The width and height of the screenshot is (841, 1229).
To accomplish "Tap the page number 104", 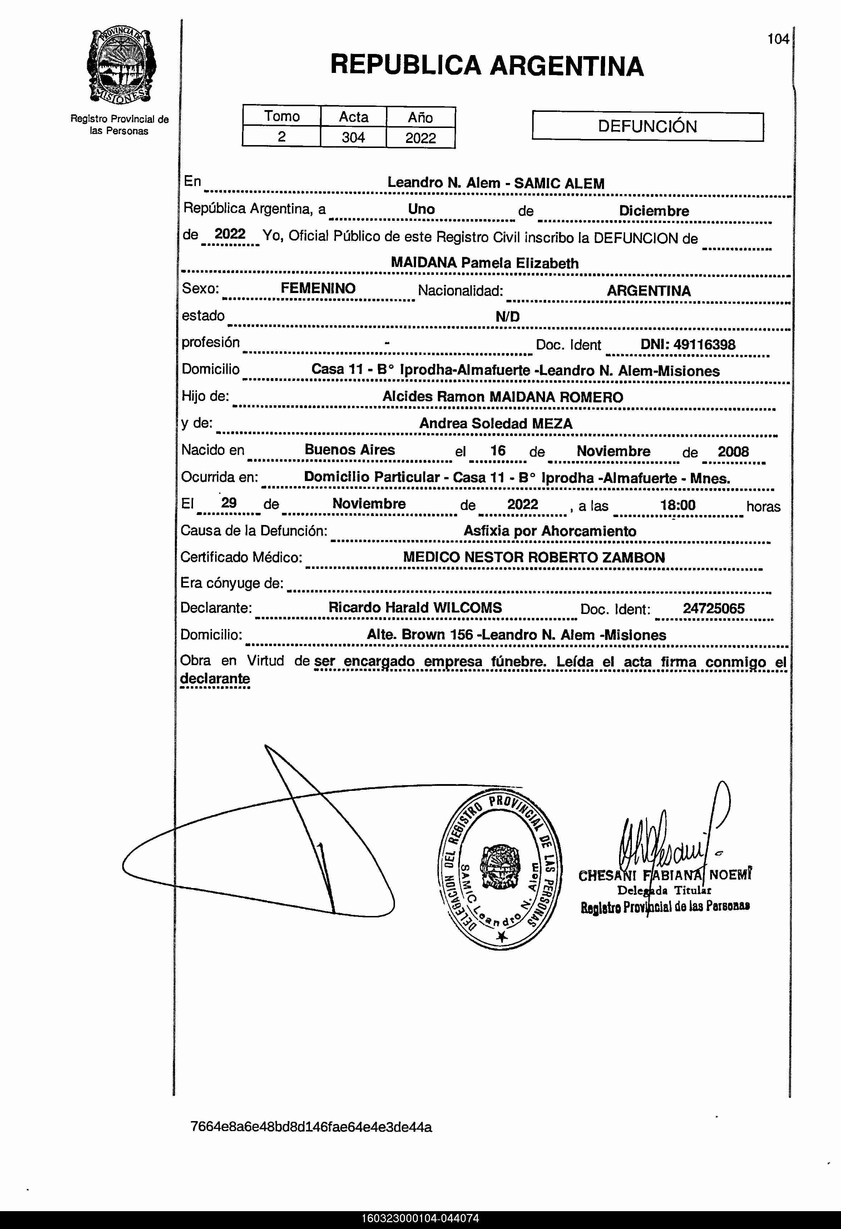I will (778, 39).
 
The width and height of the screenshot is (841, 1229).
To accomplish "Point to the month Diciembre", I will (654, 211).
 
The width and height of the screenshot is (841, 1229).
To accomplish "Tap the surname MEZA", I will (552, 423).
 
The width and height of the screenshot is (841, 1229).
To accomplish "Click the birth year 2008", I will (733, 452).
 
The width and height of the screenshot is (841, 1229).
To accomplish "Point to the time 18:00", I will (678, 505).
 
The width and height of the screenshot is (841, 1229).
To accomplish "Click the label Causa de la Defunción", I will (254, 530).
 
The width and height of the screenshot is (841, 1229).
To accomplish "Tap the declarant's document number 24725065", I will (713, 608).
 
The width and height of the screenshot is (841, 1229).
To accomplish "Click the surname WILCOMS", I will (467, 608).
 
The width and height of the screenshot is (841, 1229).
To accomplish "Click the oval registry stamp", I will (500, 870).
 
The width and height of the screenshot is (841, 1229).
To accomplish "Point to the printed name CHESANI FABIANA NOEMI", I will (664, 875).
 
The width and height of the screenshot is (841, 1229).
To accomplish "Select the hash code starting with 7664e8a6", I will (311, 1127).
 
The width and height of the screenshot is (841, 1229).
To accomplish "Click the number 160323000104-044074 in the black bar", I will (420, 1218).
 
